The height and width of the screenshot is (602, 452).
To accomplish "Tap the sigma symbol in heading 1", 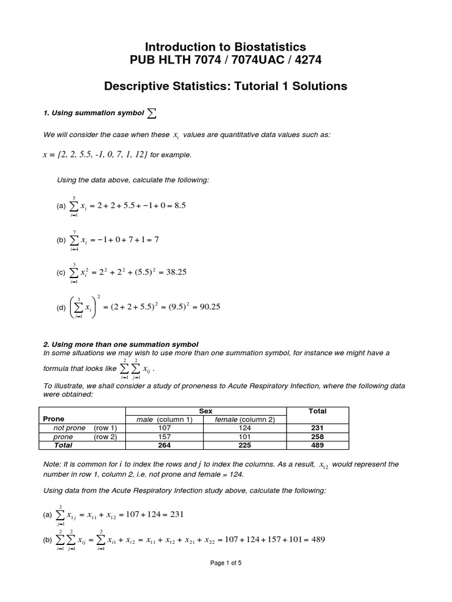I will (x=152, y=113).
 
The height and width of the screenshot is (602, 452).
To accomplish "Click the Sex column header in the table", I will (x=206, y=411).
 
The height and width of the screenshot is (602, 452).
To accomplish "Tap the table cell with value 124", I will (x=244, y=428).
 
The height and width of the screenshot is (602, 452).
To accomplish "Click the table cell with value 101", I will (x=244, y=437).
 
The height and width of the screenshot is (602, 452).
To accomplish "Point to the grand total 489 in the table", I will (x=317, y=446).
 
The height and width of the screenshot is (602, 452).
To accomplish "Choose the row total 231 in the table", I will (x=317, y=428).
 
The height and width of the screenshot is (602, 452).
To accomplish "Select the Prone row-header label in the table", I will (x=54, y=419).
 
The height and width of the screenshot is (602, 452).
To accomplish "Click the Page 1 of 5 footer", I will (x=226, y=563).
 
